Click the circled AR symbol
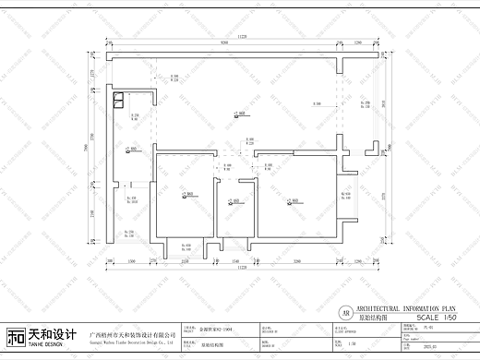tap(345, 312)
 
